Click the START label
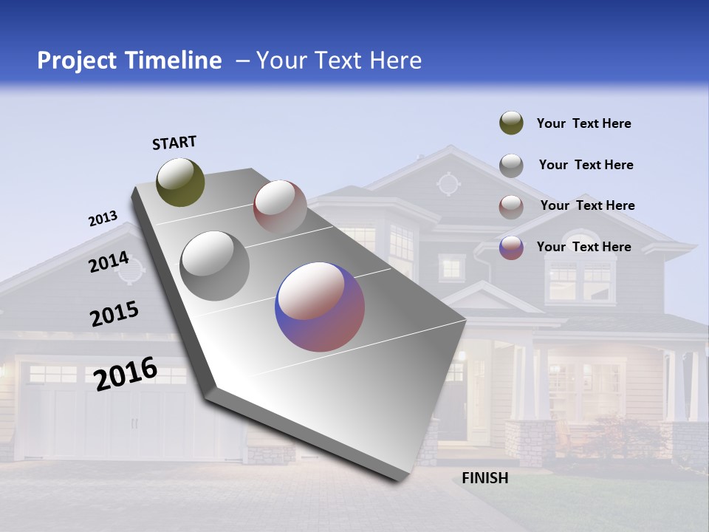pyautogui.click(x=174, y=143)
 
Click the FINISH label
pyautogui.click(x=484, y=478)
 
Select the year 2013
pyautogui.click(x=103, y=219)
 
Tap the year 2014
pyautogui.click(x=109, y=262)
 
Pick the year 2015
pyautogui.click(x=114, y=314)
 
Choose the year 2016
pyautogui.click(x=126, y=373)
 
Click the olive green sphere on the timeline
pyautogui.click(x=180, y=182)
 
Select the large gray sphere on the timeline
pyautogui.click(x=214, y=266)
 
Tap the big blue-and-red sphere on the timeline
pyautogui.click(x=320, y=307)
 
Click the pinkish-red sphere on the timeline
pyautogui.click(x=280, y=207)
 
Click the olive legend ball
pyautogui.click(x=511, y=123)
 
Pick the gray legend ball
pyautogui.click(x=511, y=166)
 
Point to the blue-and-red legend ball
pyautogui.click(x=511, y=248)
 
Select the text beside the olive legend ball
pyautogui.click(x=583, y=123)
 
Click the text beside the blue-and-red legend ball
pyautogui.click(x=583, y=247)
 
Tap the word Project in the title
pyautogui.click(x=77, y=61)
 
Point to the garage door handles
pyautogui.click(x=134, y=423)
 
